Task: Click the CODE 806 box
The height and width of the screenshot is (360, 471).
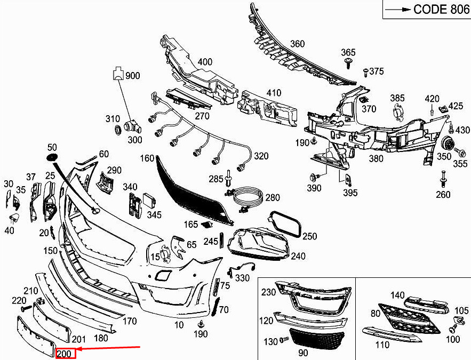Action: [x=426, y=10]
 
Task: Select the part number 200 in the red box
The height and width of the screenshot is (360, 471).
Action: [x=67, y=353]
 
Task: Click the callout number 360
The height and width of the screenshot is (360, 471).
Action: [x=297, y=44]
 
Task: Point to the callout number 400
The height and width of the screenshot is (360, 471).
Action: [x=205, y=62]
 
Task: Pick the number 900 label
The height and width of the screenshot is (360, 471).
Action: [x=132, y=76]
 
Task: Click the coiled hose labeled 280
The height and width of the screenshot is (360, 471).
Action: [x=246, y=197]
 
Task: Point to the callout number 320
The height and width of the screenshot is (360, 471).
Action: [x=261, y=156]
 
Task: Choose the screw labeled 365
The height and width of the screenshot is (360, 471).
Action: [x=348, y=64]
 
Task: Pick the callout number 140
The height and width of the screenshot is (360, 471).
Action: [x=398, y=295]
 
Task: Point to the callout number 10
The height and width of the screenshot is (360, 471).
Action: [x=179, y=324]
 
